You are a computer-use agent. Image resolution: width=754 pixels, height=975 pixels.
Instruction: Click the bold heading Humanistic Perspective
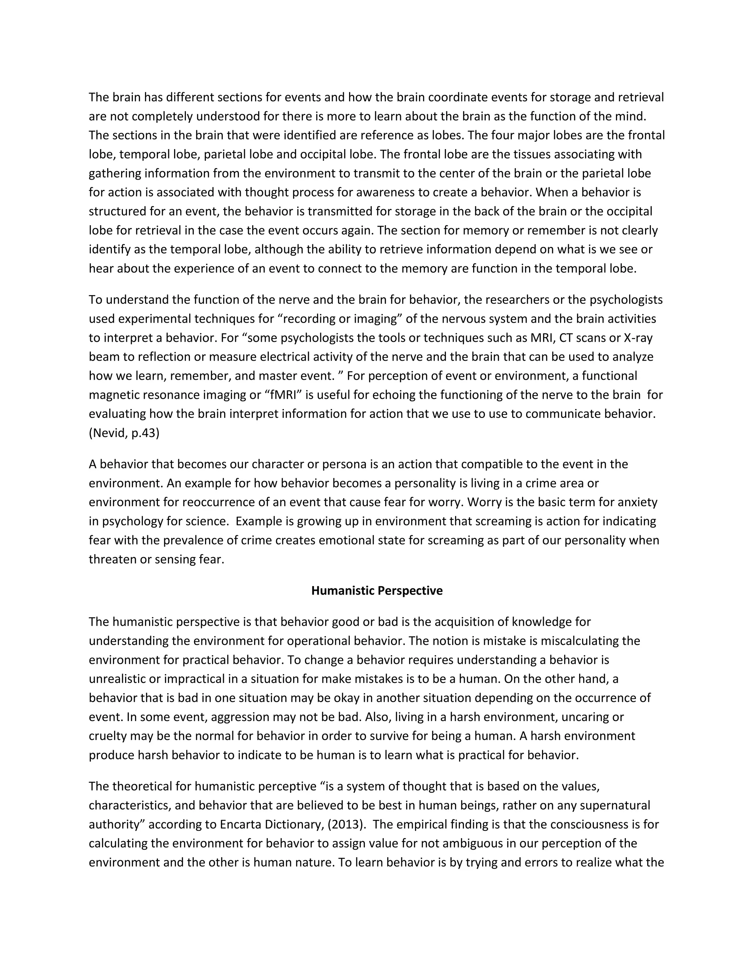coord(377,591)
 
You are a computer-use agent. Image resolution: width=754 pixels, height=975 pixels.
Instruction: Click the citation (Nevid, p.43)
coord(124,433)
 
